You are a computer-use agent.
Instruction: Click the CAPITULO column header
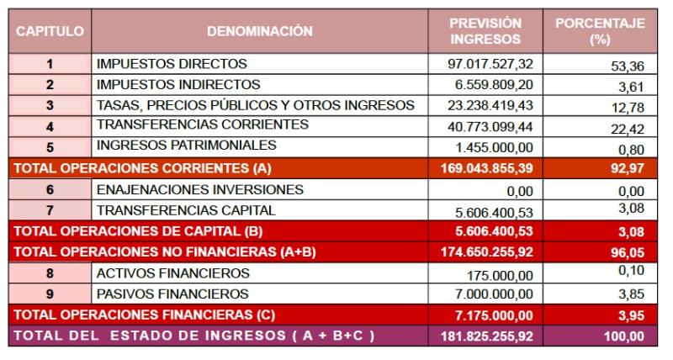coord(50,31)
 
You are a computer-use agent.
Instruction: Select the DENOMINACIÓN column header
coord(260,31)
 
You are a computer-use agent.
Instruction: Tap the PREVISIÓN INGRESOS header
coord(485,31)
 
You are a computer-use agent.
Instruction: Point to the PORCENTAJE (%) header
coord(600,31)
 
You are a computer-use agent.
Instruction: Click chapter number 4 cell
coord(50,126)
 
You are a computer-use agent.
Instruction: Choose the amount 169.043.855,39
coord(486,167)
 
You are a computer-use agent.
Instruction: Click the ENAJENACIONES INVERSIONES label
coord(200,189)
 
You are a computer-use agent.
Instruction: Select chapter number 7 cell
coord(50,210)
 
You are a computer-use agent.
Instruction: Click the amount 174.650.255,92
coord(486,251)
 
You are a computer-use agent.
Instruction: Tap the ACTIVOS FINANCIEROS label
coord(173,273)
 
